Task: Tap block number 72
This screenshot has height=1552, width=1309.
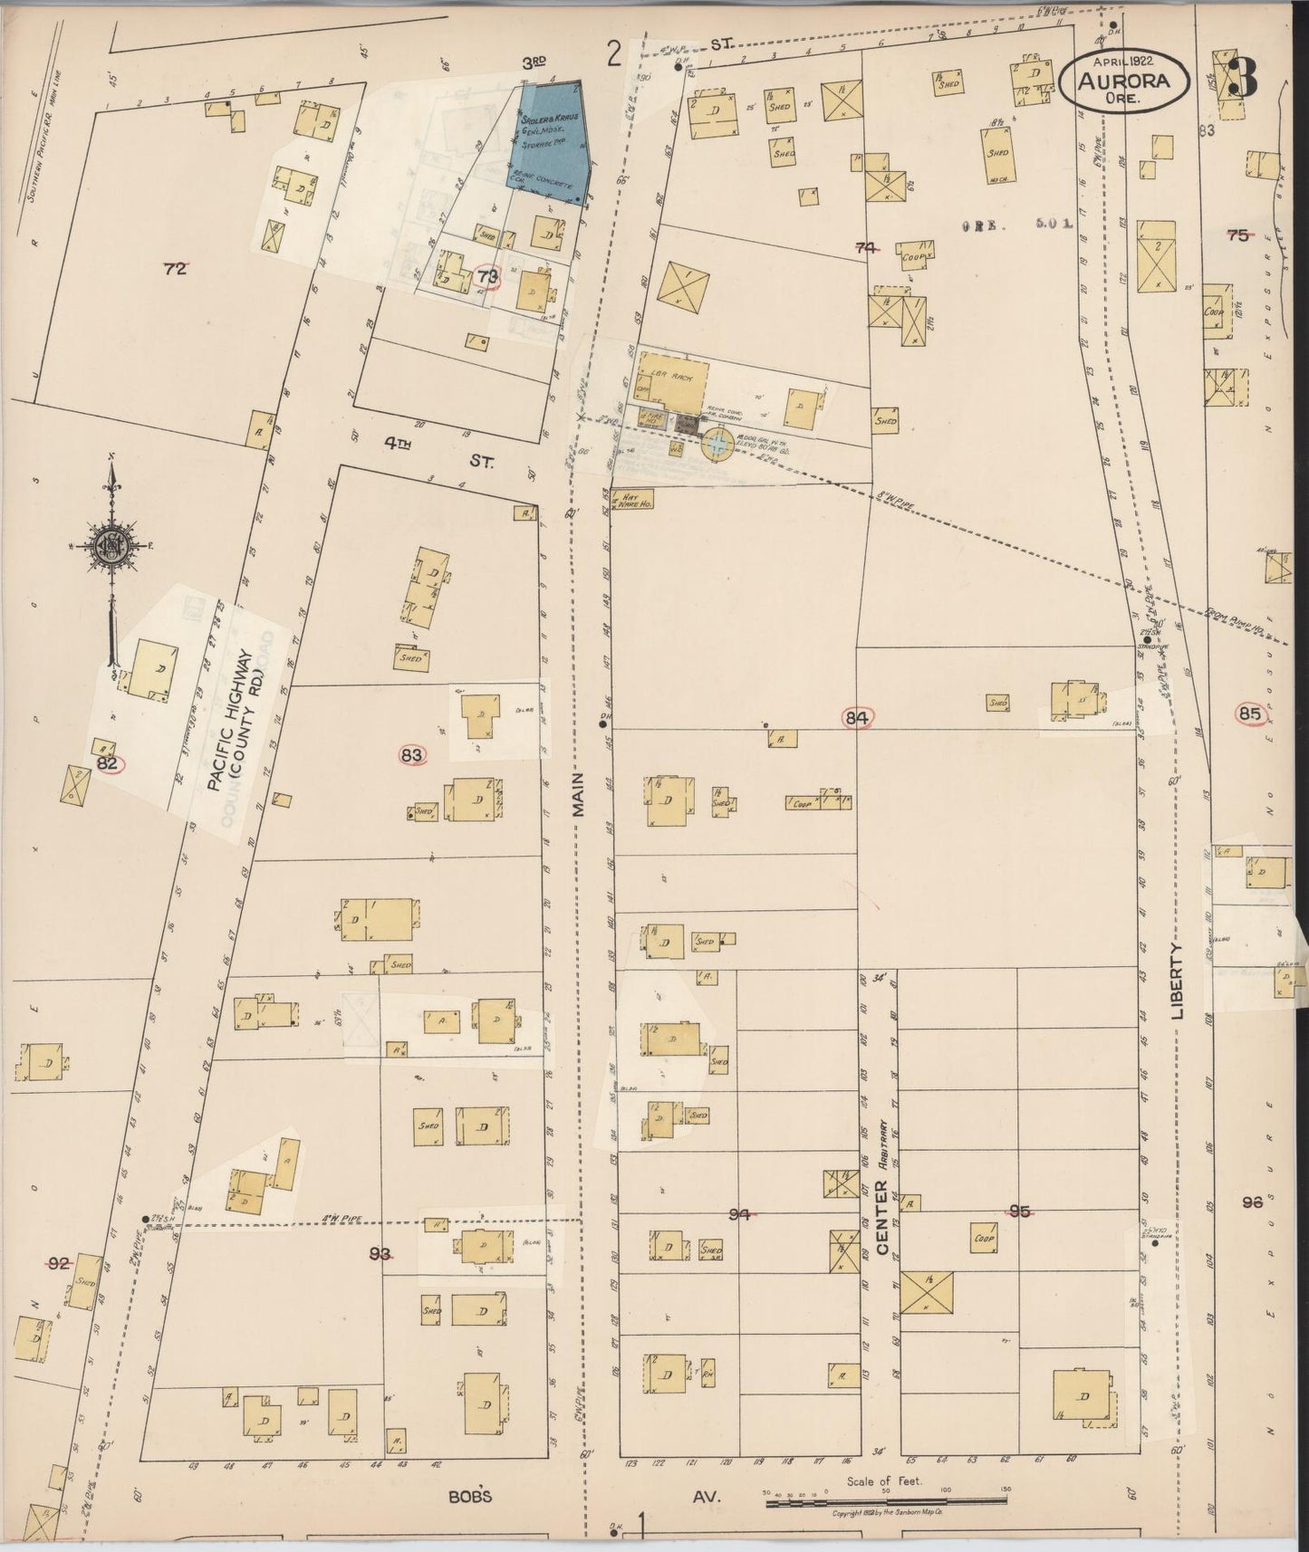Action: click(x=174, y=268)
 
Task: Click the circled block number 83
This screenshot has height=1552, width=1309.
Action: click(x=412, y=754)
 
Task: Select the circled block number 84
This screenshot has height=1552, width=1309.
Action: click(x=857, y=718)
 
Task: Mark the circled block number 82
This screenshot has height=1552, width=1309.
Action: click(x=108, y=763)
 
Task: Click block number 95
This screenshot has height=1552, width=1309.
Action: click(x=1020, y=1211)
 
